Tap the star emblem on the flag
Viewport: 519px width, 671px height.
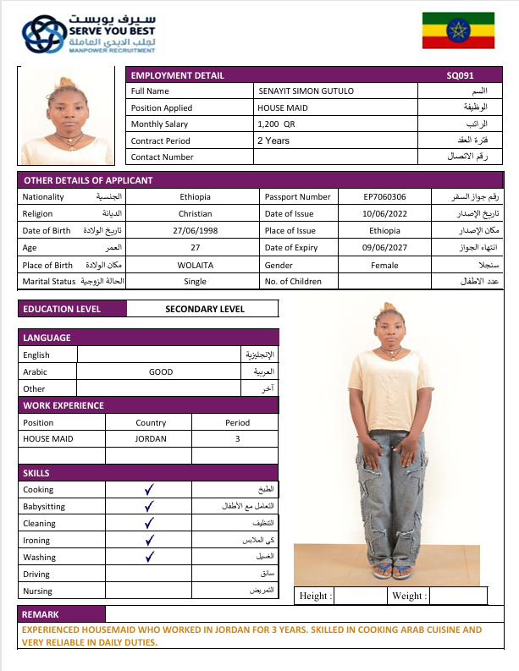[459, 32]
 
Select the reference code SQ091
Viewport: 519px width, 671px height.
[461, 75]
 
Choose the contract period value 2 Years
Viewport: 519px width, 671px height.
[273, 140]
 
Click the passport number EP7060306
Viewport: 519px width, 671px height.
[385, 197]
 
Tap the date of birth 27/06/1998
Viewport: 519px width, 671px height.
[196, 231]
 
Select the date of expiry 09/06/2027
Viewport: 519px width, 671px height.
[385, 247]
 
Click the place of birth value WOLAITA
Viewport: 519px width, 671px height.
[196, 265]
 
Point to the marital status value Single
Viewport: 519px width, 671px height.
[196, 281]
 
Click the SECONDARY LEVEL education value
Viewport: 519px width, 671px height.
[205, 310]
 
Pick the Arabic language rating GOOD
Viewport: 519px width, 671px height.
[161, 372]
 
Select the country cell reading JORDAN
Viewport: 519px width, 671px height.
[151, 439]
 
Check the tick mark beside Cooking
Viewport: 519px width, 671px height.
[149, 489]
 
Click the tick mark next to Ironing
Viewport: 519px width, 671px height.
[149, 540]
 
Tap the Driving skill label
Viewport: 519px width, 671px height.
[37, 575]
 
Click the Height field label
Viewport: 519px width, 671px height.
[316, 597]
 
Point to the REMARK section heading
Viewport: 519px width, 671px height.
[41, 614]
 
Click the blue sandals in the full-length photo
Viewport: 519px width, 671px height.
[392, 571]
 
